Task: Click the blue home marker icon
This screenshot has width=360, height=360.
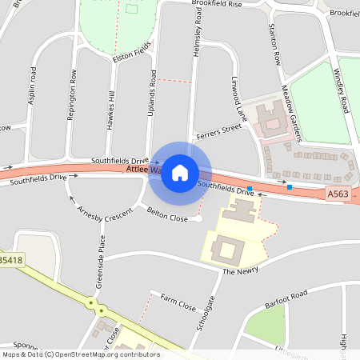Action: [180, 172]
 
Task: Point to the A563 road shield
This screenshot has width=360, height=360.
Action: [338, 194]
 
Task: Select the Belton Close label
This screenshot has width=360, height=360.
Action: [168, 214]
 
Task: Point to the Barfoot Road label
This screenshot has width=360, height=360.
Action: [289, 295]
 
